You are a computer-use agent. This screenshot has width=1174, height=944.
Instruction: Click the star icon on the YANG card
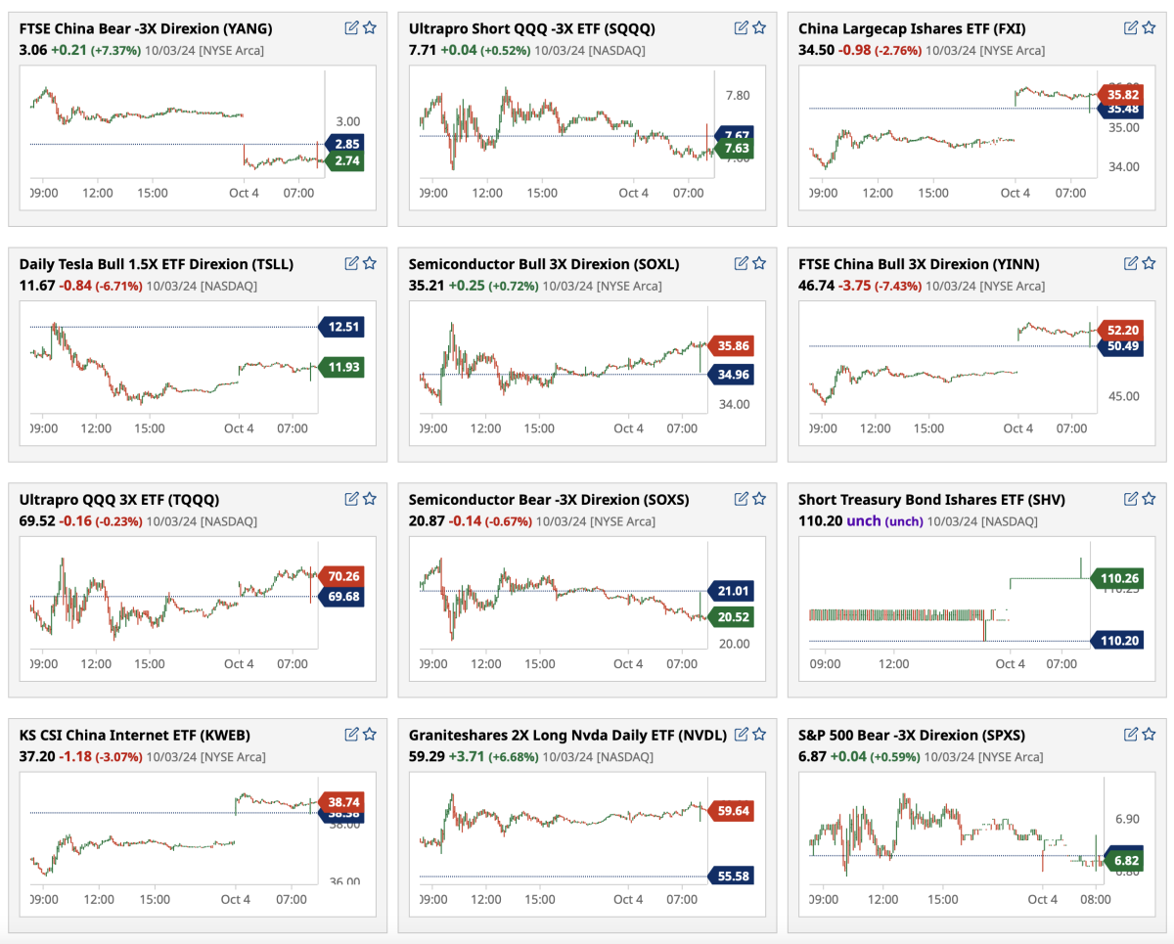(x=370, y=27)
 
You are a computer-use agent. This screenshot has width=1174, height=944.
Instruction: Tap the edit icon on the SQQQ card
(x=742, y=27)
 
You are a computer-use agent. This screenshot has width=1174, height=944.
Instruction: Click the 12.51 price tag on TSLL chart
(x=342, y=327)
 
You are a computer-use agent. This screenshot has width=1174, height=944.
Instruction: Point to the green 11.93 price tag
(x=342, y=367)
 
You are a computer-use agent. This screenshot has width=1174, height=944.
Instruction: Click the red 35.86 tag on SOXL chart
(x=733, y=345)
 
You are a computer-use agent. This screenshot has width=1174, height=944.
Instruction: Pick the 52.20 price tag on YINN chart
(x=1122, y=330)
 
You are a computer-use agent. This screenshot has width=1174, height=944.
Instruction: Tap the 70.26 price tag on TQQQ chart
(x=342, y=576)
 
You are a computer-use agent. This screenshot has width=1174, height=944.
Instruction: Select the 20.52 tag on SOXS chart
(x=733, y=617)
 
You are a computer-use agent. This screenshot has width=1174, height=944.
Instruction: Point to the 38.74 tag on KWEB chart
(x=342, y=799)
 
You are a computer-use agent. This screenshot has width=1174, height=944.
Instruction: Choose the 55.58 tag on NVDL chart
(x=733, y=877)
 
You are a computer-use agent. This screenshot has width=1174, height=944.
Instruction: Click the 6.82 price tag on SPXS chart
(x=1123, y=860)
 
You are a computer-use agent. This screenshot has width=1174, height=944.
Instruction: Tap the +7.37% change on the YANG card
(x=116, y=50)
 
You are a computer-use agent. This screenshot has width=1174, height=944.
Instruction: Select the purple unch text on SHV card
(x=865, y=521)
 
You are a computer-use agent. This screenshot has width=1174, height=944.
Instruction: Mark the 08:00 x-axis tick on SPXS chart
(x=1095, y=899)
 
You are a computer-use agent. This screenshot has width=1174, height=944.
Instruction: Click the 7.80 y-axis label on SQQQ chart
(x=737, y=95)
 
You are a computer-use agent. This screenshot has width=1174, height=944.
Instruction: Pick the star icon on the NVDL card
(x=760, y=734)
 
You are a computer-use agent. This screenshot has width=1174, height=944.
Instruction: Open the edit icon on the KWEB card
(x=351, y=734)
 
